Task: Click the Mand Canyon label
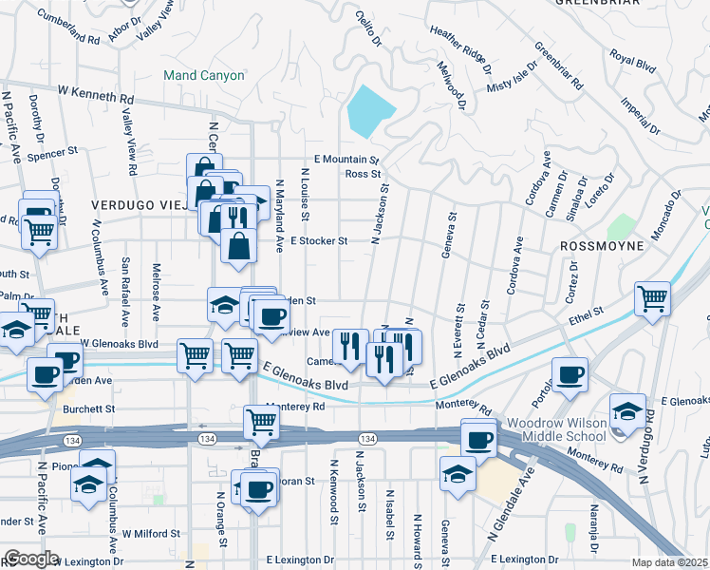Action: click(x=203, y=75)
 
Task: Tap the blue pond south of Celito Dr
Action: click(x=369, y=111)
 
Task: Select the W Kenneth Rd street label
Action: click(x=95, y=95)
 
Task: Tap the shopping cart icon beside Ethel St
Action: click(x=653, y=299)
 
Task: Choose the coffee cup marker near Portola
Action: click(x=570, y=374)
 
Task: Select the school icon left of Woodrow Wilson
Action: click(x=627, y=410)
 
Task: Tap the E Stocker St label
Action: click(x=319, y=241)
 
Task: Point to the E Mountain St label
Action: click(x=346, y=161)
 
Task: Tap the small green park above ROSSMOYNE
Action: click(x=622, y=226)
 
